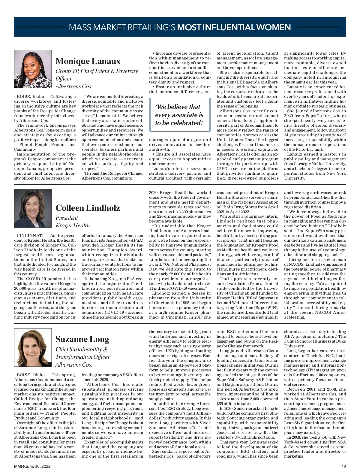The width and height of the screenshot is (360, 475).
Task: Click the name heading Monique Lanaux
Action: click(x=88, y=61)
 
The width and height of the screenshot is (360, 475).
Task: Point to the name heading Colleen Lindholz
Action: click(x=88, y=208)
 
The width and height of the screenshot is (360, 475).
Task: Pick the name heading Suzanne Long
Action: click(x=82, y=339)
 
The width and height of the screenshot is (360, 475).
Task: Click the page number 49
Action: click(x=343, y=466)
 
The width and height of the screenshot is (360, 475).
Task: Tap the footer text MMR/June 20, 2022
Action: click(x=32, y=466)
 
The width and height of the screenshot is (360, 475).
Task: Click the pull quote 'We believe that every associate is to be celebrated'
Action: click(x=179, y=115)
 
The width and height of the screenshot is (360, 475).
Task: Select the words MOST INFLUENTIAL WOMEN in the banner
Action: click(x=234, y=28)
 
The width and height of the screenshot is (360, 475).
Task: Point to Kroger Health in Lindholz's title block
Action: click(x=73, y=225)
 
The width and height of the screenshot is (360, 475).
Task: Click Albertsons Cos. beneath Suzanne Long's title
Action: click(x=74, y=365)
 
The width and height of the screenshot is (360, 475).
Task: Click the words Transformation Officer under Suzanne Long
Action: click(x=83, y=357)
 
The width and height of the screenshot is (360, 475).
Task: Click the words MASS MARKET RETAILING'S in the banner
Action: click(x=122, y=28)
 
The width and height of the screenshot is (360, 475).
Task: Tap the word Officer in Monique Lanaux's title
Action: click(x=64, y=79)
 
